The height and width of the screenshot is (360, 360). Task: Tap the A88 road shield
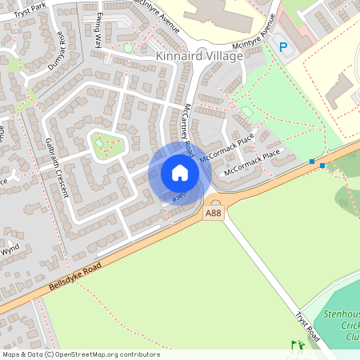[213, 213]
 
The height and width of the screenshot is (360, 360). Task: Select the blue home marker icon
[180, 173]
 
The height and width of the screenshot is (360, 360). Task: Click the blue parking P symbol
[282, 47]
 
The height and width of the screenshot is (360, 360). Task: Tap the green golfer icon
[298, 346]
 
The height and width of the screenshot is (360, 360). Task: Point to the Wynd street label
[10, 250]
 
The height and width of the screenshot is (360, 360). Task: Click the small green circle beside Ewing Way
[128, 49]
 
